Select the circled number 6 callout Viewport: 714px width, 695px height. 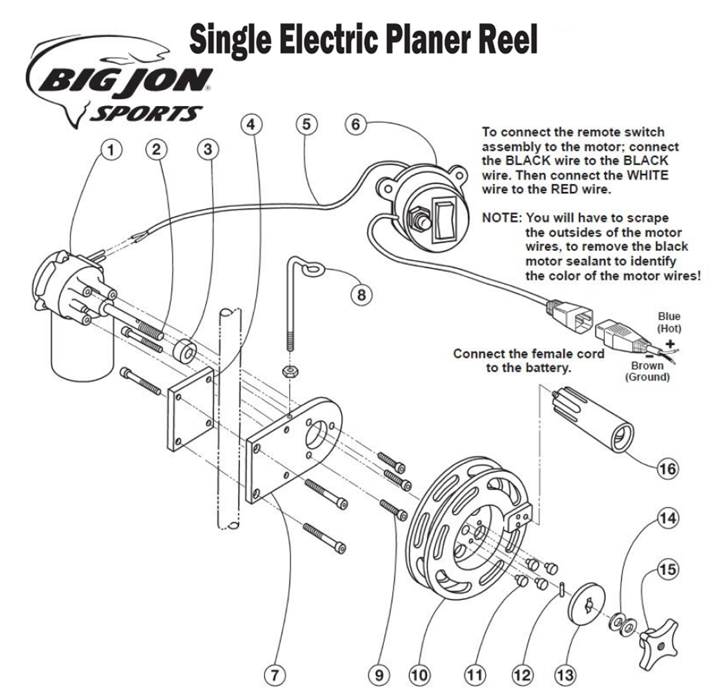click(x=355, y=125)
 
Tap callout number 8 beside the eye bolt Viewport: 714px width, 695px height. click(x=361, y=295)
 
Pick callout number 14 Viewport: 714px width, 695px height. click(x=667, y=518)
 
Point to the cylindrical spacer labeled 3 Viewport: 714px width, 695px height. click(x=185, y=352)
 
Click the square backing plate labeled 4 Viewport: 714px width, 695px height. click(x=190, y=409)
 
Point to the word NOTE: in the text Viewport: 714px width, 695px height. click(x=501, y=218)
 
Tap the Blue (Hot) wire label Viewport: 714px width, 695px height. click(x=669, y=322)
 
